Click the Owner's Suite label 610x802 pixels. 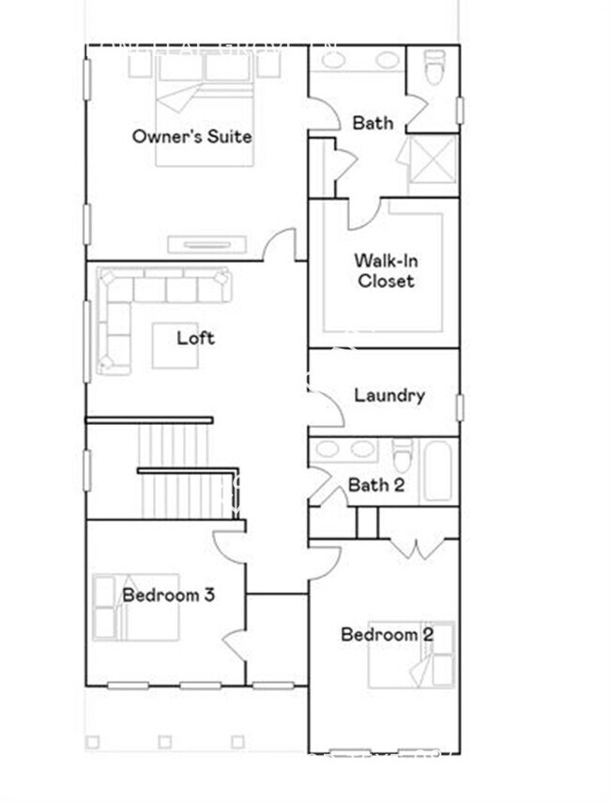191,136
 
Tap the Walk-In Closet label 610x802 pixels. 384,270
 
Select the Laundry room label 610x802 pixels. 389,395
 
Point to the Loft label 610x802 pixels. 195,338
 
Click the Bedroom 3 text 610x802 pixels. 168,595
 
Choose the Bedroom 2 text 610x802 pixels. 387,635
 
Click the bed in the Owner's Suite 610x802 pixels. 205,113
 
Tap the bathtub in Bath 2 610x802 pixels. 437,470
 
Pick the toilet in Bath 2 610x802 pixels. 402,456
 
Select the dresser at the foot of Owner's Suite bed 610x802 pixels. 206,245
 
